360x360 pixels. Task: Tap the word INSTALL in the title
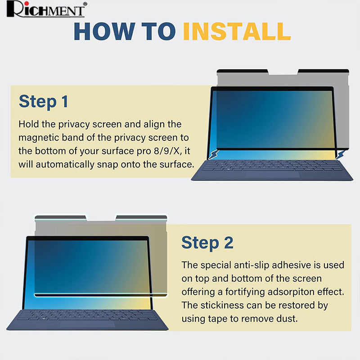(x=237, y=31)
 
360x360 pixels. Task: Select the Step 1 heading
(x=43, y=101)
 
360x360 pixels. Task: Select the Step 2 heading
(x=207, y=243)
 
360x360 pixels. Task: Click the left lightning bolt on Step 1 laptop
(x=213, y=154)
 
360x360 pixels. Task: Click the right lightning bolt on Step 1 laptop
(x=340, y=155)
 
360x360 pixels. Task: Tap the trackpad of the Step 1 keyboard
(x=272, y=174)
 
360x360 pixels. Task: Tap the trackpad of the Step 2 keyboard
(x=87, y=324)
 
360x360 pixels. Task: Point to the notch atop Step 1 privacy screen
(x=283, y=72)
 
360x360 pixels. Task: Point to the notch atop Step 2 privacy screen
(x=101, y=218)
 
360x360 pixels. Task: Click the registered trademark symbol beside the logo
(x=85, y=4)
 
